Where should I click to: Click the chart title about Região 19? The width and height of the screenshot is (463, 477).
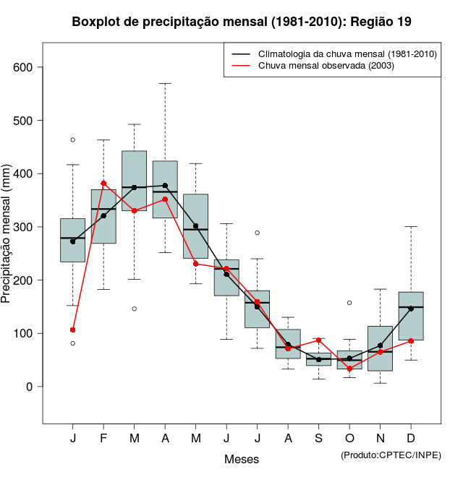[x=242, y=22]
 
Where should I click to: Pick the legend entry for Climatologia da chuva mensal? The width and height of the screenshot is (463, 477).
[x=337, y=54]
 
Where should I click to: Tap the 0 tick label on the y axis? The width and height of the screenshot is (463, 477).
[x=30, y=387]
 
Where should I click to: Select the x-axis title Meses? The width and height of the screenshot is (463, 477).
[x=242, y=459]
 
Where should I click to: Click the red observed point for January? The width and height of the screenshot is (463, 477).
[x=73, y=330]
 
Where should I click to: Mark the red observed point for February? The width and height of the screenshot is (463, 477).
[x=103, y=184]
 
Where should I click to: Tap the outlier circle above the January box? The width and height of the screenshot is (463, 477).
[x=73, y=139]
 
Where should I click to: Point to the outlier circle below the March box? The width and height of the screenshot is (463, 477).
[x=135, y=309]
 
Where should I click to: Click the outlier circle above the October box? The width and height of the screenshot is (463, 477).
[x=349, y=303]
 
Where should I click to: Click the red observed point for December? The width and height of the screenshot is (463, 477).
[x=411, y=340]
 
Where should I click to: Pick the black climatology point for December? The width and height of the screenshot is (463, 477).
[x=411, y=309]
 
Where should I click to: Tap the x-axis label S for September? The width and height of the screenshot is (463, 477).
[x=319, y=439]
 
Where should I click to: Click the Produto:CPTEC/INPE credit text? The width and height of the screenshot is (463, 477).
[x=391, y=455]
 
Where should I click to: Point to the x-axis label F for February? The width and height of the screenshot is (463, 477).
[x=103, y=439]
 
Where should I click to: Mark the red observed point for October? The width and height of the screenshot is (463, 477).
[x=349, y=369]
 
